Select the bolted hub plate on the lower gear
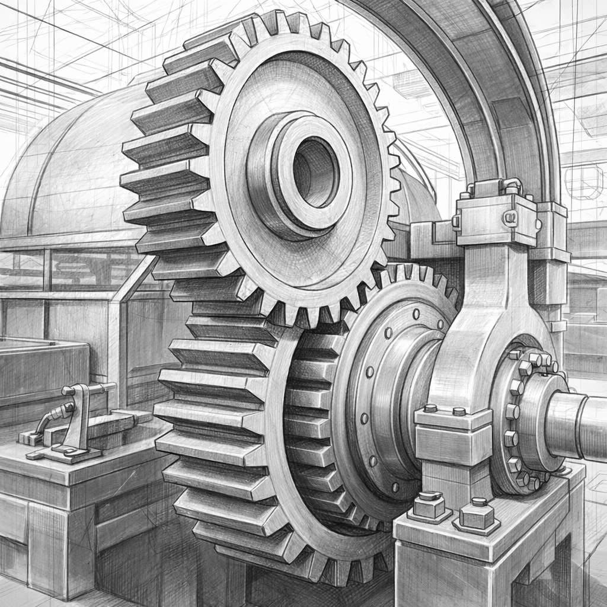pyautogui.click(x=379, y=391)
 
